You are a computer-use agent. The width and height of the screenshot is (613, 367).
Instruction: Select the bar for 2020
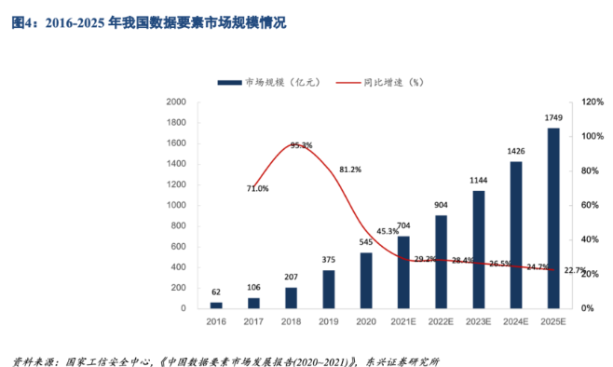pos(365,279)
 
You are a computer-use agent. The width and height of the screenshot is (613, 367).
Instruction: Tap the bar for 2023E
pos(478,249)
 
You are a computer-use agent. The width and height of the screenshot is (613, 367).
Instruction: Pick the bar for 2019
pos(328,289)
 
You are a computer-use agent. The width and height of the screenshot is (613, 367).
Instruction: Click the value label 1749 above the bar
pos(553,118)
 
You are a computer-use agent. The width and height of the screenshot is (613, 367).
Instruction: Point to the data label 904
pos(441,205)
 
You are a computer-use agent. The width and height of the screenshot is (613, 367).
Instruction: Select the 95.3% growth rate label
pos(301,145)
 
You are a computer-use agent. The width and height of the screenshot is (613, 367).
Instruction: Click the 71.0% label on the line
pos(257,188)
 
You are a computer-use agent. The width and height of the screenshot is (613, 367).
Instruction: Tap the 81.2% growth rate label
pos(350,170)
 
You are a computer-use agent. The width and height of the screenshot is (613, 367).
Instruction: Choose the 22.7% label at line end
pos(575,271)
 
